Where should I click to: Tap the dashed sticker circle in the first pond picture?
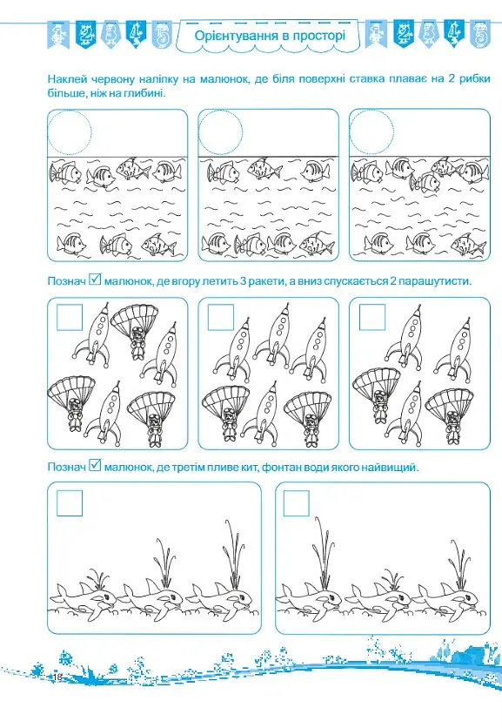coord(70,111)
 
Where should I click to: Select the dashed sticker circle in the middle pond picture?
coord(220,111)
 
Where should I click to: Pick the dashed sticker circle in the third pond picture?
coord(371,111)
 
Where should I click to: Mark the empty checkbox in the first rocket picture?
coord(70,305)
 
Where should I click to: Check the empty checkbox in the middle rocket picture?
coord(220,305)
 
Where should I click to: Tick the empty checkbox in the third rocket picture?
coord(372,305)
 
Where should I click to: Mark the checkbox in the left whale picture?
coord(70,491)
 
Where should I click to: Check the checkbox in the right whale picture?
coord(296,491)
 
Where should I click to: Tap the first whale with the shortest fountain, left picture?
coord(84,599)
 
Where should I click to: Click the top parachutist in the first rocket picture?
coord(135,332)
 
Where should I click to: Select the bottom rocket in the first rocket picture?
coord(106,411)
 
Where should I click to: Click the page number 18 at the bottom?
coord(57,676)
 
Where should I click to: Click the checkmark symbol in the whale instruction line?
coord(95,465)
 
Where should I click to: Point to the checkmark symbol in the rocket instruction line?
coord(95,279)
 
